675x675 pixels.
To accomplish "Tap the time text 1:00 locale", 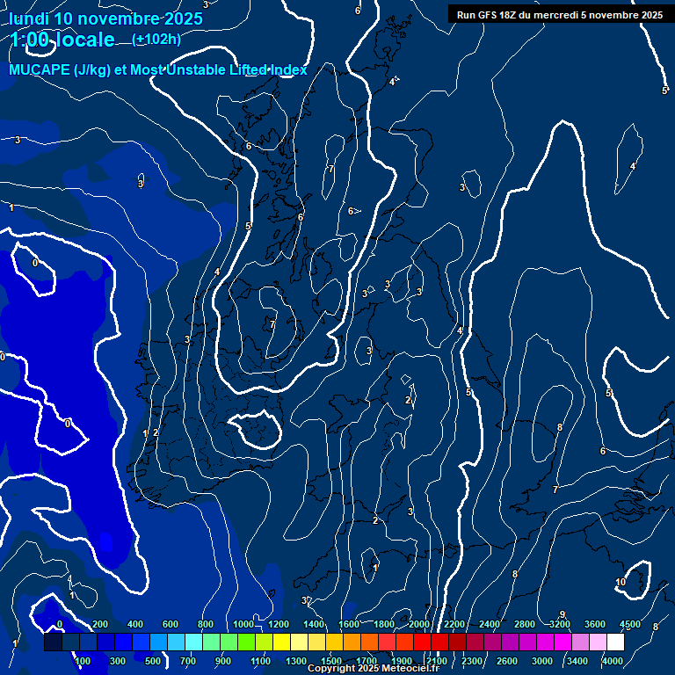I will (62, 40).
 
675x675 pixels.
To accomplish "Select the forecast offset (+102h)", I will (156, 39).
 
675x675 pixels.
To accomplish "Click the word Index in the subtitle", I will (289, 70).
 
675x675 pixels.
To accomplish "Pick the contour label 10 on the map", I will (621, 582).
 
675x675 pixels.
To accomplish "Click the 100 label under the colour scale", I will (83, 661).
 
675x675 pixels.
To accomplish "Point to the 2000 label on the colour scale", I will (419, 624).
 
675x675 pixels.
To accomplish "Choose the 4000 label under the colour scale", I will (613, 661).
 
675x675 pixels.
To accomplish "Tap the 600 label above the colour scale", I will (171, 624).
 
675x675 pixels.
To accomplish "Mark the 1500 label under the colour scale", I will (330, 661).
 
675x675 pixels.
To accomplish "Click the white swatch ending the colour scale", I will (615, 642).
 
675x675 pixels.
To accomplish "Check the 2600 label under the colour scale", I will (507, 661).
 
